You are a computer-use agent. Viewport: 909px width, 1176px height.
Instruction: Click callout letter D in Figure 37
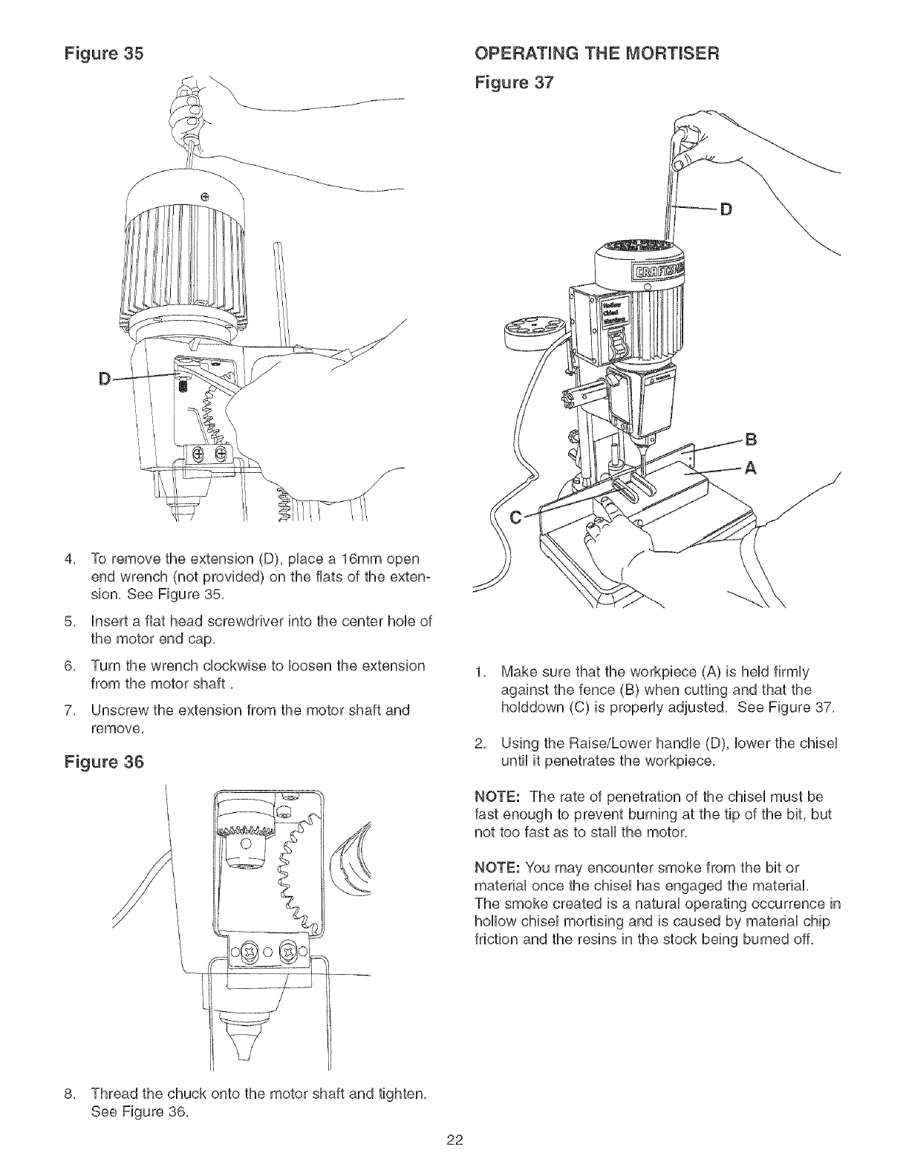coord(726,210)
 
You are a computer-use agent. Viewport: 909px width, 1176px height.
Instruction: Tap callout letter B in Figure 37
coord(751,438)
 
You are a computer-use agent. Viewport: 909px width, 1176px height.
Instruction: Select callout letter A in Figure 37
coord(751,468)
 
